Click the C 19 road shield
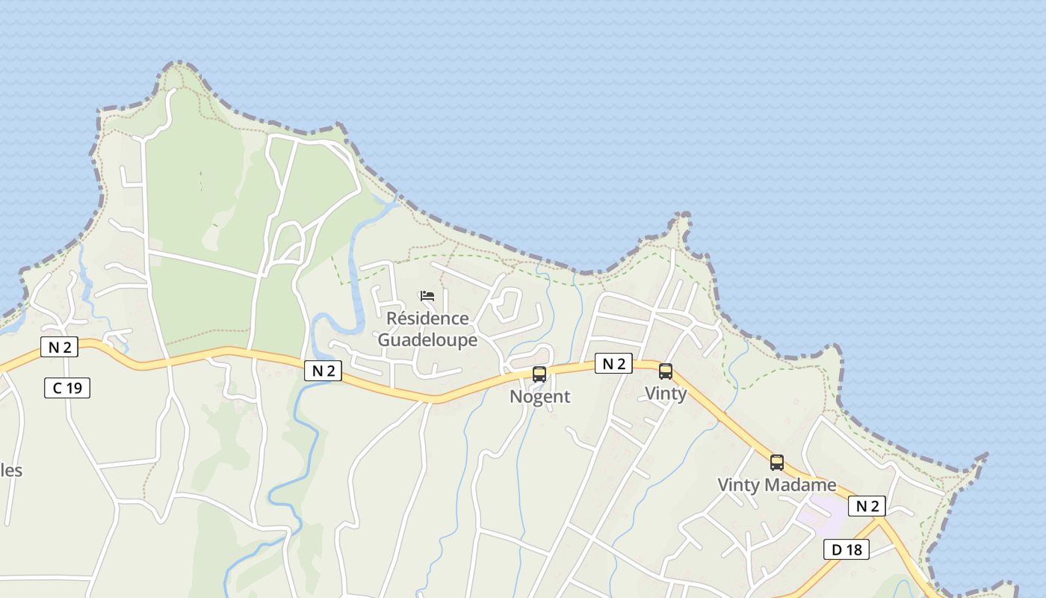pyautogui.click(x=66, y=388)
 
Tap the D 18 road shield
pyautogui.click(x=847, y=549)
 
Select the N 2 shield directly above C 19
pyautogui.click(x=59, y=347)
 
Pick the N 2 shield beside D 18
pyautogui.click(x=867, y=506)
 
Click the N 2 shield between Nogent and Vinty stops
pyautogui.click(x=613, y=364)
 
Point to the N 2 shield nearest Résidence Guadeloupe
pyautogui.click(x=323, y=370)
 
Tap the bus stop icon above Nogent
pyautogui.click(x=539, y=374)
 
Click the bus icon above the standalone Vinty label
pyautogui.click(x=665, y=372)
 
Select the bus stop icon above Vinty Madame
pyautogui.click(x=777, y=463)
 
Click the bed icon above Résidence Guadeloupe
pyautogui.click(x=427, y=296)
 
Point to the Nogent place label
pyautogui.click(x=539, y=396)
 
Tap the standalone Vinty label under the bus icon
pyautogui.click(x=665, y=393)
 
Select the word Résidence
pyautogui.click(x=427, y=318)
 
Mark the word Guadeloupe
pyautogui.click(x=427, y=339)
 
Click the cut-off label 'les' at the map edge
pyautogui.click(x=11, y=471)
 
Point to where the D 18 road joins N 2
pyautogui.click(x=881, y=521)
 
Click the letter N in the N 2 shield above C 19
pyautogui.click(x=53, y=347)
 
